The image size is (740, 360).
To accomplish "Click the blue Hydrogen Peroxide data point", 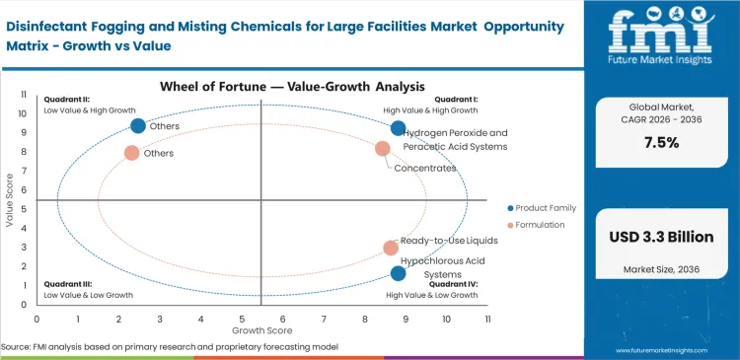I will [x=399, y=128].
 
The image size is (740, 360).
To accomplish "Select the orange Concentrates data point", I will [x=383, y=148].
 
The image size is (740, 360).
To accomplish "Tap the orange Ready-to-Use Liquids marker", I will [x=391, y=248].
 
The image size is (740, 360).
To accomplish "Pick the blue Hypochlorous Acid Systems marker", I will [x=399, y=273].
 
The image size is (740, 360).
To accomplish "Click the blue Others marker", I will [x=138, y=125].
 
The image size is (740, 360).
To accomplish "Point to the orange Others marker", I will [x=131, y=153].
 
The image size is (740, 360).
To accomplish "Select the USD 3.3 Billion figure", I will [x=661, y=237].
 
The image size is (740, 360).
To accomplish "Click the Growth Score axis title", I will [x=261, y=330].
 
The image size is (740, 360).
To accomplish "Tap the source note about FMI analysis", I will [x=170, y=347].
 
